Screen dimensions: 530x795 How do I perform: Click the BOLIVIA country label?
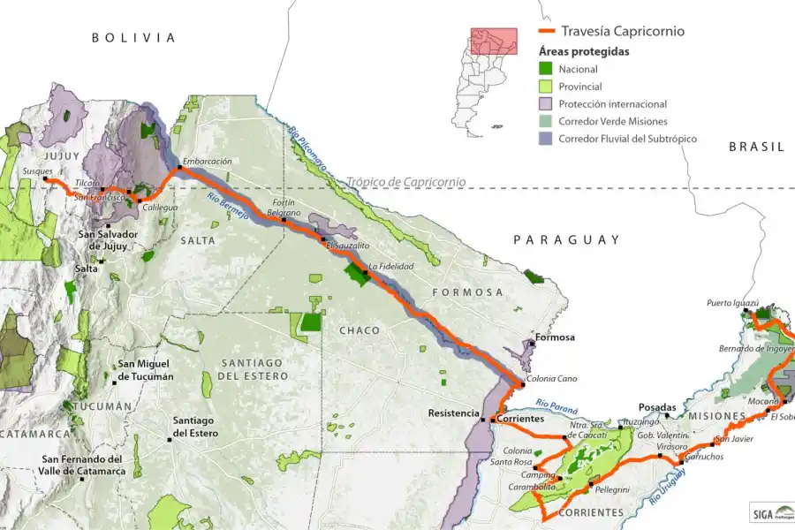(134, 38)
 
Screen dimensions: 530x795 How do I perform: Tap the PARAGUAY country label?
(567, 239)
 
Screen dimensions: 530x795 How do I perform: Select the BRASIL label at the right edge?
(756, 147)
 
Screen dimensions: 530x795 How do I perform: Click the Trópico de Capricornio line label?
(405, 182)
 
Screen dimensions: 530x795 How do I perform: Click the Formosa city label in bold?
(554, 337)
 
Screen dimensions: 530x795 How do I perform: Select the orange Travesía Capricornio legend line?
(547, 32)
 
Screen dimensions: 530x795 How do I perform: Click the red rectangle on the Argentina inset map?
(493, 41)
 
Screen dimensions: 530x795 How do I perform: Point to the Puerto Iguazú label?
(732, 302)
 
